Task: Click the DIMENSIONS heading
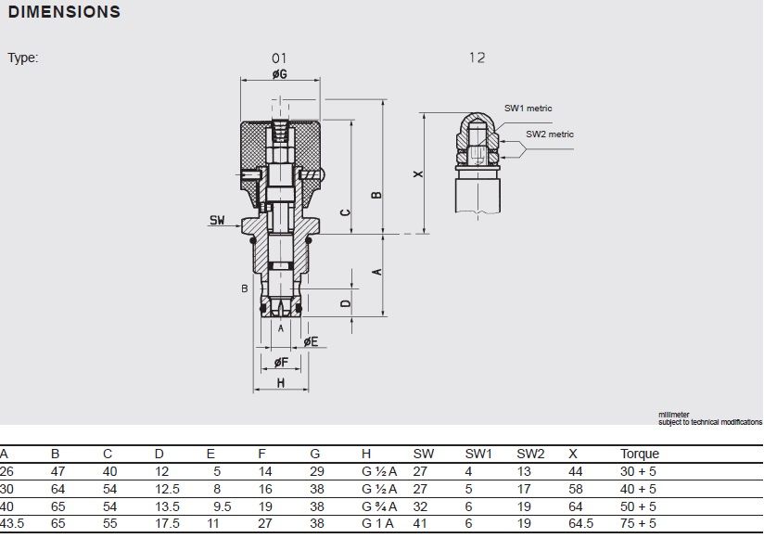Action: tap(64, 12)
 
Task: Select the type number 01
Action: tap(279, 58)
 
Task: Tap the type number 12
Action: tap(477, 58)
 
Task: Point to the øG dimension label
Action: tap(280, 74)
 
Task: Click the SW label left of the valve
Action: tap(217, 220)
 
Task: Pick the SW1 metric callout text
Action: tap(528, 109)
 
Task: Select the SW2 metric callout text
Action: tap(550, 134)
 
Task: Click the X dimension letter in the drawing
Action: tap(418, 173)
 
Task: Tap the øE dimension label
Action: tap(311, 341)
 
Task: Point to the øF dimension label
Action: tap(281, 362)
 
